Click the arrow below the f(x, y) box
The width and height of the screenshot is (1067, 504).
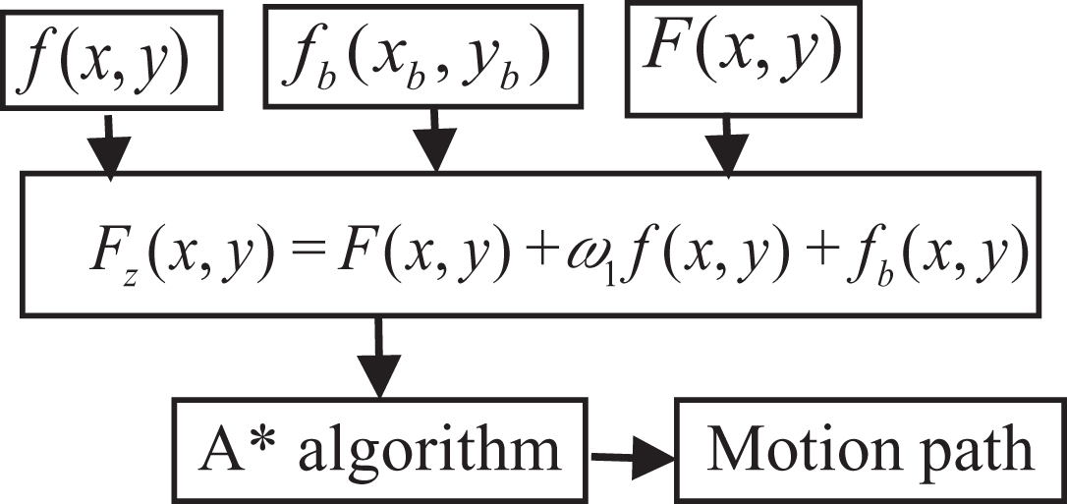(x=109, y=147)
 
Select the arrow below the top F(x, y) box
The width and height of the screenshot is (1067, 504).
(x=727, y=147)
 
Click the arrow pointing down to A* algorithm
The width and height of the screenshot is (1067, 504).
(x=378, y=357)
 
